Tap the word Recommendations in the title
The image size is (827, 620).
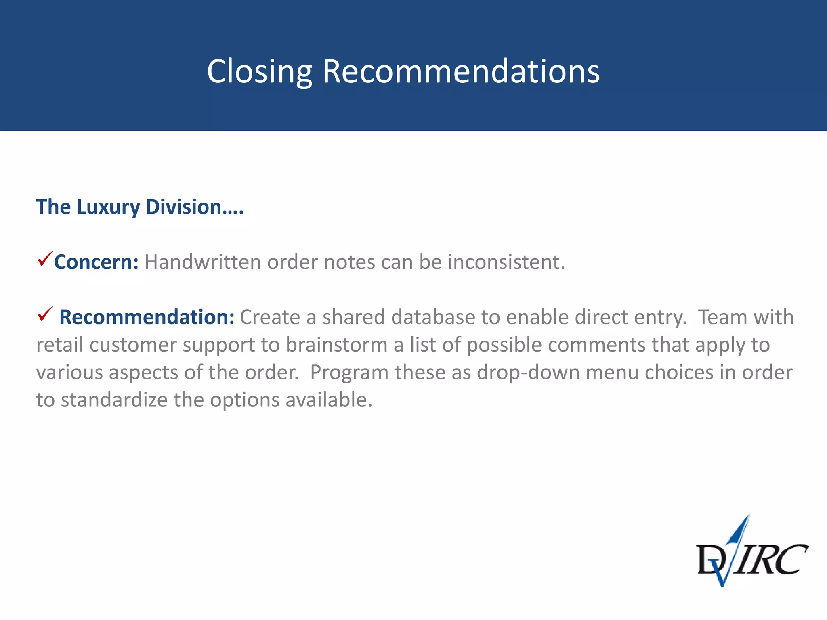pos(461,71)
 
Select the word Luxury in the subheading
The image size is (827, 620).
pos(108,207)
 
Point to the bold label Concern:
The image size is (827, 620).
pos(97,262)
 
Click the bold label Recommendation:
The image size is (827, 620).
pos(147,317)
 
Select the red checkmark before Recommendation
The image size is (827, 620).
pos(45,314)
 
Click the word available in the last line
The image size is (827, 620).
pos(329,400)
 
